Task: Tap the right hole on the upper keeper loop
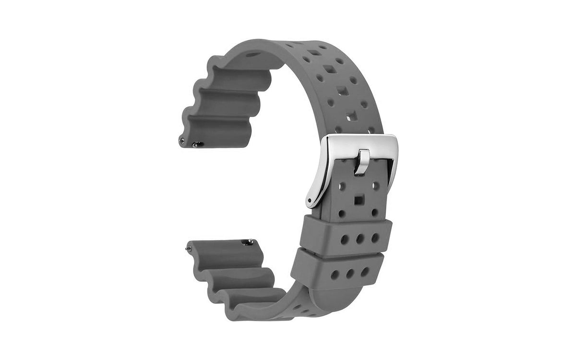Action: click(374, 237)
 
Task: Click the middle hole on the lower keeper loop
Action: click(350, 274)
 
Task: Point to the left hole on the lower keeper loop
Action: click(335, 275)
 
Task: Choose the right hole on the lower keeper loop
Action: click(365, 272)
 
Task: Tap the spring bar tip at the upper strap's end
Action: click(181, 140)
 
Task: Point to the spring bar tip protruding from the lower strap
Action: click(188, 248)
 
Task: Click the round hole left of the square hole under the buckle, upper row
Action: click(342, 185)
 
